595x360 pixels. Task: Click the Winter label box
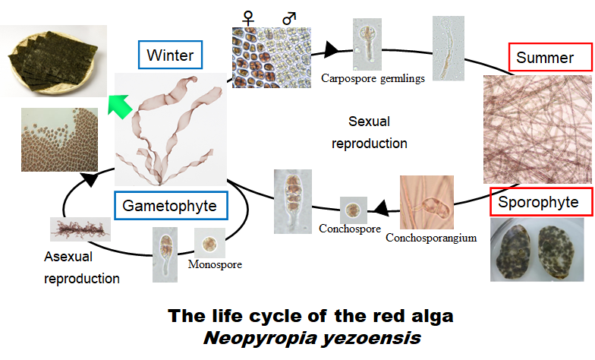[x=170, y=55]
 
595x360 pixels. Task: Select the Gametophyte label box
[x=169, y=205]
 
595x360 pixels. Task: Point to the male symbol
[x=289, y=16]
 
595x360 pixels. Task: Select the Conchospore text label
[x=350, y=228]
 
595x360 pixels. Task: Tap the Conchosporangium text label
[x=431, y=238]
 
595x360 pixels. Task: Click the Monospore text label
[x=209, y=265]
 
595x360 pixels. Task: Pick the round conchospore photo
[x=353, y=209]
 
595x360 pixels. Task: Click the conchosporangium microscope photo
[x=426, y=203]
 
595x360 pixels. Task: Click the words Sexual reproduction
[x=368, y=132]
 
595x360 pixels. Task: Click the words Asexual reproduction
[x=82, y=268]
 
